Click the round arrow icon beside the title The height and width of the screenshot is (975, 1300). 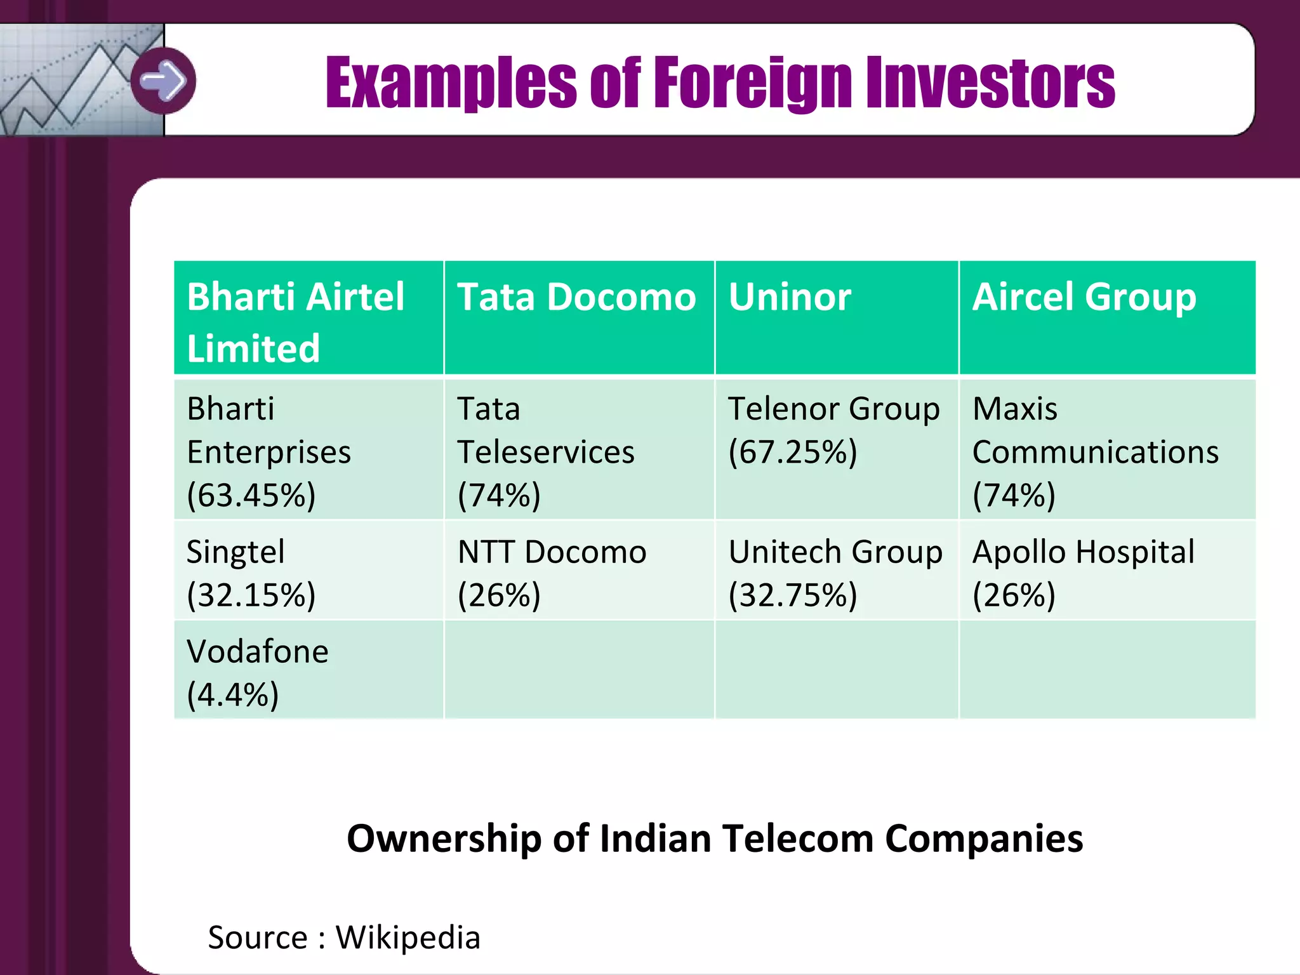(x=164, y=81)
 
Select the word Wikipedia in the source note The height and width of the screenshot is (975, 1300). (x=408, y=938)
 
